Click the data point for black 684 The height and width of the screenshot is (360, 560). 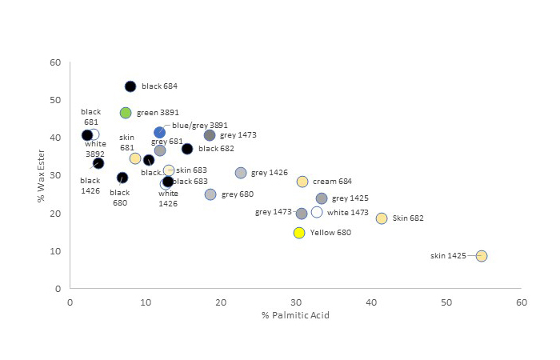(130, 86)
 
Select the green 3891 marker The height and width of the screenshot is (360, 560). (126, 113)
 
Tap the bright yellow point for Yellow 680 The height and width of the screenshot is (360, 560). (299, 233)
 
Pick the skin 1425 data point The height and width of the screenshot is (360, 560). (482, 256)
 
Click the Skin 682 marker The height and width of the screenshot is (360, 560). (382, 218)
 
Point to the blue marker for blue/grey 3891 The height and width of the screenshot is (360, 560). (160, 133)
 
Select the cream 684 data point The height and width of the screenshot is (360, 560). (302, 182)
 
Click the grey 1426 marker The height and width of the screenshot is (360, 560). (241, 173)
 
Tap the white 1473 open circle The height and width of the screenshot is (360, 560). (317, 212)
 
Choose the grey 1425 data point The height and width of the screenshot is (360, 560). (322, 198)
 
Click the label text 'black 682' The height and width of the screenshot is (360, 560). (216, 149)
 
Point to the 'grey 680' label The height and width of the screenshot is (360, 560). (238, 194)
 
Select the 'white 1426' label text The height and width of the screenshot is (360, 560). (168, 198)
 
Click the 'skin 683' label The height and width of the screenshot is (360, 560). (191, 170)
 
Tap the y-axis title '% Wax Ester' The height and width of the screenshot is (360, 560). (42, 174)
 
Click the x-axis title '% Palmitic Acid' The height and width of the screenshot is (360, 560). (295, 315)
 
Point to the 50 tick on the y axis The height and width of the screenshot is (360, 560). (55, 100)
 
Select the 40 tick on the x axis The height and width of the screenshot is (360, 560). (372, 302)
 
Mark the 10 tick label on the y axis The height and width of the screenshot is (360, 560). (55, 251)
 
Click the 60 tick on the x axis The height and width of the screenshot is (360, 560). (522, 302)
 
